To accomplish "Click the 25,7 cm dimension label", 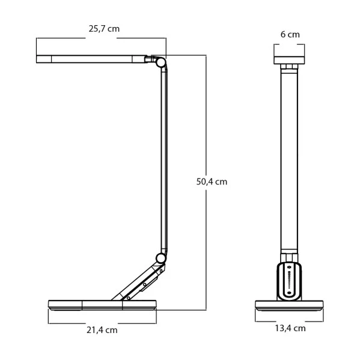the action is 104,29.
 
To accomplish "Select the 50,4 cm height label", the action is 212,182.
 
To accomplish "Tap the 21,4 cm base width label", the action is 102,330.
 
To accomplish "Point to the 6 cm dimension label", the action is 290,34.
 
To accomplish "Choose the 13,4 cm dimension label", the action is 290,328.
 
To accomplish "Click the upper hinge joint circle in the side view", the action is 160,62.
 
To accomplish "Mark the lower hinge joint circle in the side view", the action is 160,258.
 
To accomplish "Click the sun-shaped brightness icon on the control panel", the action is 289,267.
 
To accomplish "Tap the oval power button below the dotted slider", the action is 289,293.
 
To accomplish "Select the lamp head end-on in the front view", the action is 289,60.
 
